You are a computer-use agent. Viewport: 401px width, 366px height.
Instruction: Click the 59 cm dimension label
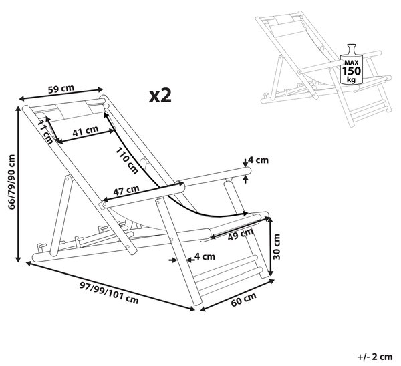click(61, 89)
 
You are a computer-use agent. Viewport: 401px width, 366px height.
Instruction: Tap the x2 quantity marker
click(160, 96)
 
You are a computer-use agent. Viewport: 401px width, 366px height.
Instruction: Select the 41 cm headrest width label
click(85, 131)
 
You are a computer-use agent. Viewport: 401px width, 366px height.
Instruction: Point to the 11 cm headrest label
click(45, 132)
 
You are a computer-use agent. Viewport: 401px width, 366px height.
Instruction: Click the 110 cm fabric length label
click(127, 161)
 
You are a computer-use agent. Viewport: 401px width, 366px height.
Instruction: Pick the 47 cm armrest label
click(126, 190)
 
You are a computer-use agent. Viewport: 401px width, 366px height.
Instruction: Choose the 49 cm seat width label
click(241, 234)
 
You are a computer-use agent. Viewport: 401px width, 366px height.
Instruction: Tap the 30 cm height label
click(276, 246)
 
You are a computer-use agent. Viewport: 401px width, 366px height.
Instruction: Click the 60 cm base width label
click(243, 299)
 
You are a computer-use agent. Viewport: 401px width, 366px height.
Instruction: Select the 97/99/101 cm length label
click(109, 293)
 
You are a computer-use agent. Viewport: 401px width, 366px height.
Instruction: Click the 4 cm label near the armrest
click(259, 160)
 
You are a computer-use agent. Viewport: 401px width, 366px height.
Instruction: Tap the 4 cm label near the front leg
click(205, 256)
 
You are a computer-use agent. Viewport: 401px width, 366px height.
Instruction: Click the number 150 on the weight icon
click(352, 71)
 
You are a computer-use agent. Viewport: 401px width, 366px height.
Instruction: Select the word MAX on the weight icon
click(352, 63)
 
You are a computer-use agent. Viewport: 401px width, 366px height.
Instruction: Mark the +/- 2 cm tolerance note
click(375, 357)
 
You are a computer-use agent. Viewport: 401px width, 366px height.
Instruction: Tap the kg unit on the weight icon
click(352, 79)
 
